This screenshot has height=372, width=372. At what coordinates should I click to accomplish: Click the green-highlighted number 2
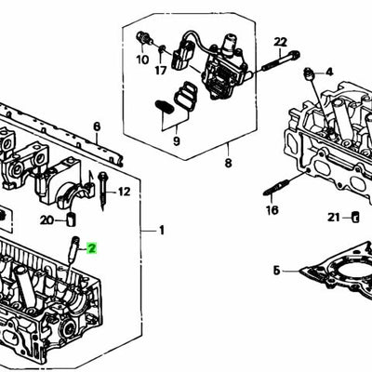(x=91, y=248)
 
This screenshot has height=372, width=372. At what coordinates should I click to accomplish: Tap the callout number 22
(x=281, y=42)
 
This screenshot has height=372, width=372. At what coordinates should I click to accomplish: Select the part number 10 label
(x=141, y=60)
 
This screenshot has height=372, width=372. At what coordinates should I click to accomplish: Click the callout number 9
(x=176, y=140)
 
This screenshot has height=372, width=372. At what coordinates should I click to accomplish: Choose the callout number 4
(x=328, y=72)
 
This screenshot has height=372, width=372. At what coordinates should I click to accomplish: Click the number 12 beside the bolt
(x=125, y=192)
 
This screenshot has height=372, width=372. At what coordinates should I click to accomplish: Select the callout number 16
(x=272, y=211)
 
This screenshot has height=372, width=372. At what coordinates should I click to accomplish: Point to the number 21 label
(x=334, y=218)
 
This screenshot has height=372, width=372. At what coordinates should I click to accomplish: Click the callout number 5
(x=276, y=271)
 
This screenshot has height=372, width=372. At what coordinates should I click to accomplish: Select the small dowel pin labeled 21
(x=354, y=218)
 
